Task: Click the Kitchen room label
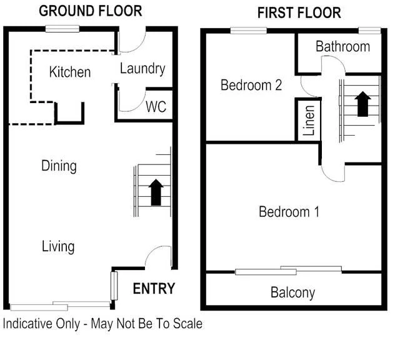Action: pos(70,72)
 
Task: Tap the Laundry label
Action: pos(142,69)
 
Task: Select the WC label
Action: pos(156,107)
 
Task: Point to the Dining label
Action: pos(59,166)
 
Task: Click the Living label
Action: pos(58,246)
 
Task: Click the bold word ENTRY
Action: pos(154,289)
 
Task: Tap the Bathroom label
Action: pos(342,47)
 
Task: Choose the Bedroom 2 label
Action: pos(251,86)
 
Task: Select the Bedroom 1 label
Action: pos(289,212)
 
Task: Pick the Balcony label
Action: pos(292,292)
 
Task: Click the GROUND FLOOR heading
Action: pos(90,11)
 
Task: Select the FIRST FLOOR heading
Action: pos(299,12)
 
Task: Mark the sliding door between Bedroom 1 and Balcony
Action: pos(289,270)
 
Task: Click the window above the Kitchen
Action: pos(62,28)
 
